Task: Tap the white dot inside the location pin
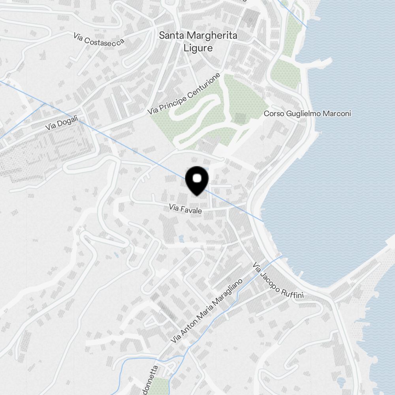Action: (197, 179)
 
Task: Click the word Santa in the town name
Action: (171, 36)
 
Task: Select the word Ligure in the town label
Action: (198, 48)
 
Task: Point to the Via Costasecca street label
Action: (99, 38)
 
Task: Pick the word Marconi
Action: (337, 114)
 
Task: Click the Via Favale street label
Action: (185, 209)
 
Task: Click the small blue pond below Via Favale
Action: (181, 239)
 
